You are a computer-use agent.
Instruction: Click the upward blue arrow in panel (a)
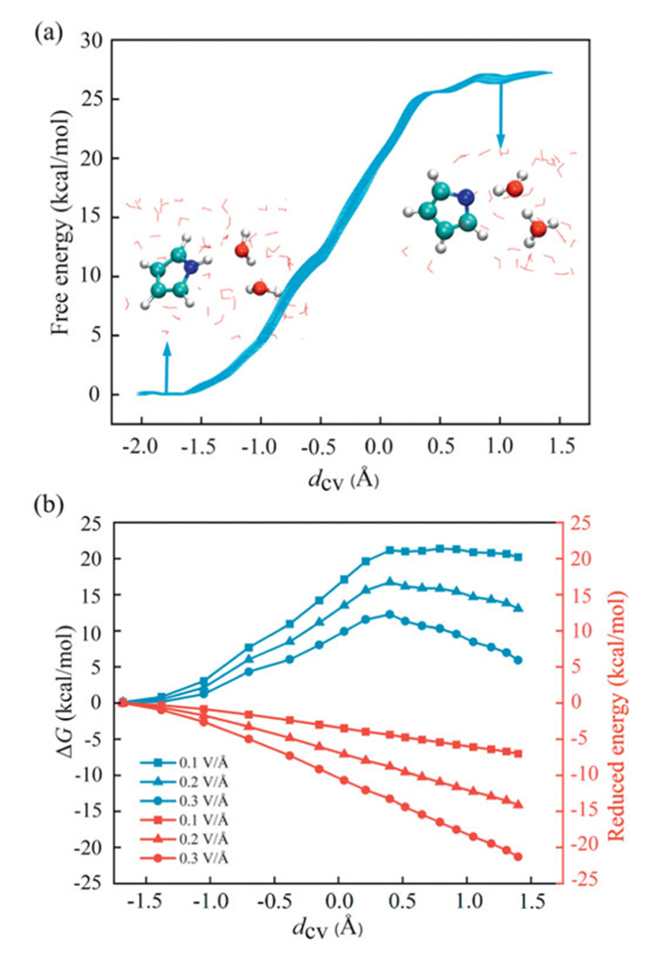tap(167, 367)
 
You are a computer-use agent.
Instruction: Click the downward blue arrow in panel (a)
tap(501, 114)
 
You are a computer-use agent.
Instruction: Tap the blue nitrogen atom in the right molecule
tap(465, 198)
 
